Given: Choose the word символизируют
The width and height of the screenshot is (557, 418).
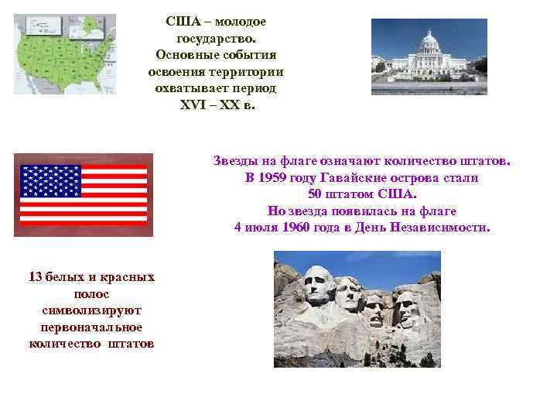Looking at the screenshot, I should tap(91, 310).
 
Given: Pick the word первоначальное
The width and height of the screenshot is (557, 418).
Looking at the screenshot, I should tap(91, 327).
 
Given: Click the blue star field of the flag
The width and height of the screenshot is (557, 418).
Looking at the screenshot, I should tap(51, 180).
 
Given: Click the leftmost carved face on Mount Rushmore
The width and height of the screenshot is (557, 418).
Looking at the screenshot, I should tap(317, 286).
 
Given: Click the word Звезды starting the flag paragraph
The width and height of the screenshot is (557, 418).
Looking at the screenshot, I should tap(236, 160).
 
